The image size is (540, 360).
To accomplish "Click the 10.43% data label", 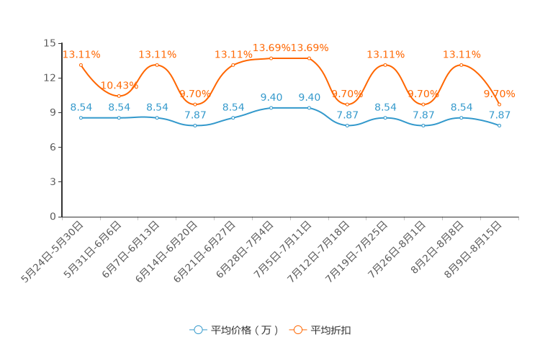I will coord(119,86).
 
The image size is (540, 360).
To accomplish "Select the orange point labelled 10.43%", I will coord(119,96).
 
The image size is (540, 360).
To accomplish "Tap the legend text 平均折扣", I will coord(331,330).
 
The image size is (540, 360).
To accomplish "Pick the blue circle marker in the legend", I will coord(198,330).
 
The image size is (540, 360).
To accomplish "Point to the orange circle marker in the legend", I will coord(297,330).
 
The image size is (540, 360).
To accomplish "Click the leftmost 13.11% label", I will coord(81,55).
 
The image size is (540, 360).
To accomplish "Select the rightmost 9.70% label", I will coord(499,94).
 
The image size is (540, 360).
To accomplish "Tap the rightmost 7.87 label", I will coord(499,115).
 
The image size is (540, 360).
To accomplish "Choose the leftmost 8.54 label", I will coord(81,107).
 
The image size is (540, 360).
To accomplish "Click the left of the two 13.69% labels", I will coord(271,48).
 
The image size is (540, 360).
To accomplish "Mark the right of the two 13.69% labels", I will coord(310,48).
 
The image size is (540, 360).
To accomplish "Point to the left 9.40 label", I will coord(271,97).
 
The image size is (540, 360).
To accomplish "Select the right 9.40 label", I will coord(310,97).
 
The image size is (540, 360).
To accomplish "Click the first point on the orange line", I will coord(81,65).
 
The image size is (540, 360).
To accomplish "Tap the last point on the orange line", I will coord(499,104).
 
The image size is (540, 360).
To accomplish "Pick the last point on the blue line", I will coord(499,125).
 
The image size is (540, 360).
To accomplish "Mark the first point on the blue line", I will coord(81,117).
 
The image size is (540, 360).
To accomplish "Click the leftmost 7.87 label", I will coord(195,115).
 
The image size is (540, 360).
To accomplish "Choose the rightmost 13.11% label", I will coord(462,55).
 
